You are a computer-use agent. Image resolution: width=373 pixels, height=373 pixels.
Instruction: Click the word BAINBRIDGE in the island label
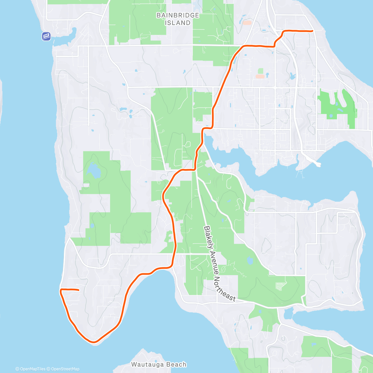tap(177, 15)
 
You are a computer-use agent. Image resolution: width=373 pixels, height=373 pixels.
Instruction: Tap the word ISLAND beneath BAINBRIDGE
tap(177, 23)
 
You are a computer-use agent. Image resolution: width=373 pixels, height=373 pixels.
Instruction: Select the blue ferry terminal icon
tap(46, 36)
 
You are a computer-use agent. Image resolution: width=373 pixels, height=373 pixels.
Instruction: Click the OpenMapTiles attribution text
tap(30, 369)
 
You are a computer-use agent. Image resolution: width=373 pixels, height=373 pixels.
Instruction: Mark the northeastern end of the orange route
tap(312, 31)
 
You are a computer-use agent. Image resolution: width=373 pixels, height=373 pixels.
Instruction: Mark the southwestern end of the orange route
tap(78, 290)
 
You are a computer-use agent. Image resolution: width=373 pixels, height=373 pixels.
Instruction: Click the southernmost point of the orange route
tap(94, 342)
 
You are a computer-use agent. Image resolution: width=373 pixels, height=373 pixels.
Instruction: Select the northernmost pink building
tap(247, 22)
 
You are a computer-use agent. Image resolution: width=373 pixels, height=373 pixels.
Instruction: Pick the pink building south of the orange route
tap(260, 76)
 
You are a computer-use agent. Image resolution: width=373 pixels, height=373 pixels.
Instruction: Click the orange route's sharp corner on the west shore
tap(61, 290)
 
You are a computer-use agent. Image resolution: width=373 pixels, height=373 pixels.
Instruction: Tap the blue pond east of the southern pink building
tap(292, 76)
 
